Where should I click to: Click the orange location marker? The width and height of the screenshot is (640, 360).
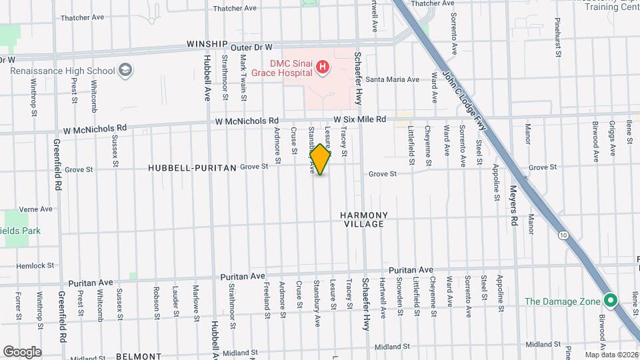pos(321,159)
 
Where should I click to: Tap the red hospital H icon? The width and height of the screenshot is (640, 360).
pos(323,66)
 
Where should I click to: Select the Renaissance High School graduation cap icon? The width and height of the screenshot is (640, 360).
pos(125,69)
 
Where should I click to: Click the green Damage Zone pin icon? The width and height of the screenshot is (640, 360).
pos(609,301)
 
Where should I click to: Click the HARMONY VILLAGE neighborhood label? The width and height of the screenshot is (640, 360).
pos(363,219)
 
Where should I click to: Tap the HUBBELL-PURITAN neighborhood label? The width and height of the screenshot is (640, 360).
pos(192,169)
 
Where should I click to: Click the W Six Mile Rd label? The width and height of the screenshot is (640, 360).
pos(359,119)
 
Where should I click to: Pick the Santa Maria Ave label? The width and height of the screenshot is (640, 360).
pos(392,79)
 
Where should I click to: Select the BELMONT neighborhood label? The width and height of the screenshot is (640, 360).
pos(139,357)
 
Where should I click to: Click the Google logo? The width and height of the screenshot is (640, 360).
pos(22,352)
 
